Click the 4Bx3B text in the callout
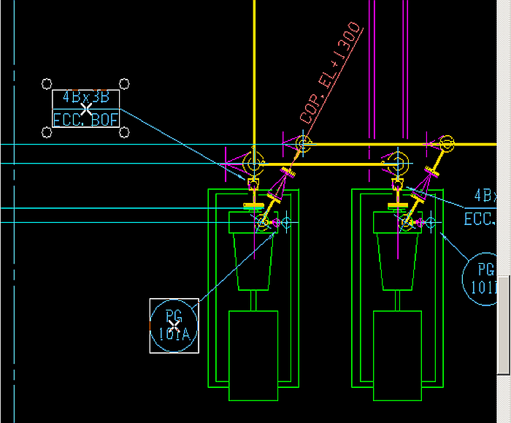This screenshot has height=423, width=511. coord(85,97)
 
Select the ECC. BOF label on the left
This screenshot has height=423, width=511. coord(85,119)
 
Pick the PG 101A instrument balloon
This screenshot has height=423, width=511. coord(174,326)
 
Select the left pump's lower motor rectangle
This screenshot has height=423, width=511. coord(253,355)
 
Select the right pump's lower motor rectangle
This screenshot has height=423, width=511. coord(397,355)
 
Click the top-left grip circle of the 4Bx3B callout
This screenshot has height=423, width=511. coord(47,84)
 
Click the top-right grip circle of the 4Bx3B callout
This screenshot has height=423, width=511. coord(124,84)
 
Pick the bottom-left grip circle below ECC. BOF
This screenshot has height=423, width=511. coord(47,132)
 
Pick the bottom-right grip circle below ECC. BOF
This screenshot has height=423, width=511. coord(124,132)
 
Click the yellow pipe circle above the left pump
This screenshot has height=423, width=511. coord(253,161)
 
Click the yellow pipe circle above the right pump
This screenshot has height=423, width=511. coord(397,161)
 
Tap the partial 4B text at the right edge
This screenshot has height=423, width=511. coord(485,196)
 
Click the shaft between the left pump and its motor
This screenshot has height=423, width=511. coord(253,300)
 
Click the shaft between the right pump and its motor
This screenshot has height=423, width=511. coord(397,300)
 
